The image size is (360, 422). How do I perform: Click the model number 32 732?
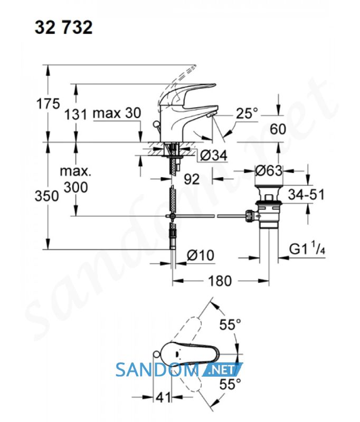pyautogui.click(x=63, y=27)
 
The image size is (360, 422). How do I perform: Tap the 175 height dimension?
pyautogui.click(x=48, y=103)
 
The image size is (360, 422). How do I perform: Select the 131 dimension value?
pyautogui.click(x=76, y=114)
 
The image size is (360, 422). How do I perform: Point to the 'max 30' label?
pyautogui.click(x=117, y=113)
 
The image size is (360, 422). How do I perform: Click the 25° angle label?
pyautogui.click(x=247, y=113)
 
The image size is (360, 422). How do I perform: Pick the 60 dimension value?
pyautogui.click(x=278, y=129)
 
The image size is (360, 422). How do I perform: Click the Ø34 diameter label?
pyautogui.click(x=214, y=155)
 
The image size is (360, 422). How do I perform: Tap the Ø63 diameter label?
pyautogui.click(x=269, y=170)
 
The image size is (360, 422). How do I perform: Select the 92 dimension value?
pyautogui.click(x=192, y=179)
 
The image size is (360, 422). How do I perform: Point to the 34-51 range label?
pyautogui.click(x=306, y=194)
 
